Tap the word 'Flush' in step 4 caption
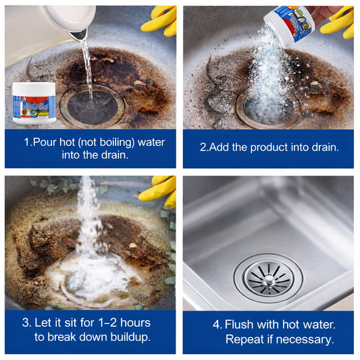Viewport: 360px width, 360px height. tap(239, 324)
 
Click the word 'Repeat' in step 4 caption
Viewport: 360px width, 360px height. tap(244, 339)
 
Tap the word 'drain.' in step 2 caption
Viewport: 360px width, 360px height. tap(324, 147)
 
